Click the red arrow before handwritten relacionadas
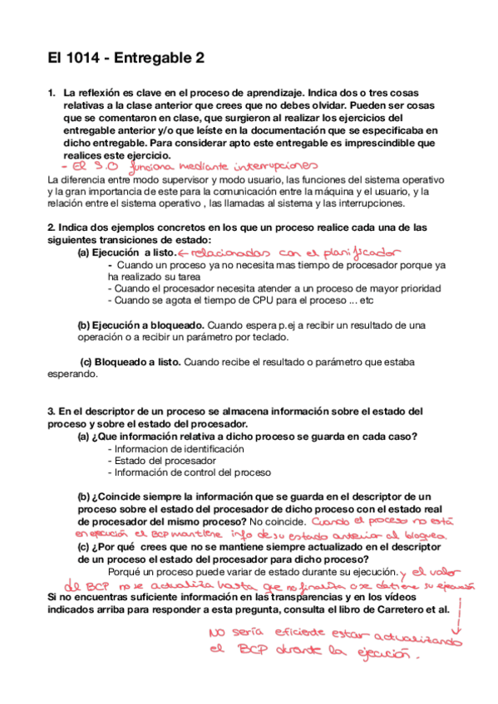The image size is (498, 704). (x=185, y=252)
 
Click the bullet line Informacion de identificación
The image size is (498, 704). (x=175, y=448)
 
